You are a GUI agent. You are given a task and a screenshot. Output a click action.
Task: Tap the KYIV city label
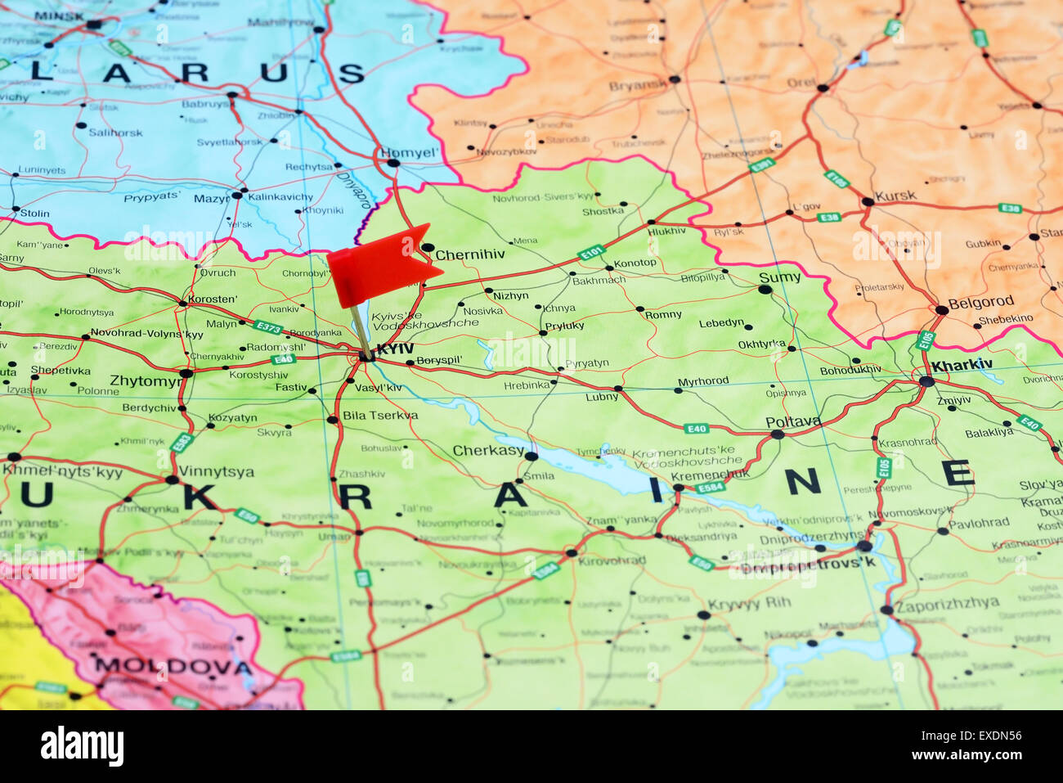point(395,349)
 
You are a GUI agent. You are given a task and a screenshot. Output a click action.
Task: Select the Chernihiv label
point(470,254)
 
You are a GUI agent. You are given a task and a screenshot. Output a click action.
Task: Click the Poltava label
point(793,421)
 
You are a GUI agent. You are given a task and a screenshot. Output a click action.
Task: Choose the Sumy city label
point(779,277)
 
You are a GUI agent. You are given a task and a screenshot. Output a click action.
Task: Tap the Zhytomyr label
point(146,380)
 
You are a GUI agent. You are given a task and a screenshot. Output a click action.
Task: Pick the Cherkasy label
point(488,450)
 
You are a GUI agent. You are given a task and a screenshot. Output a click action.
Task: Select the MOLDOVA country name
point(173,666)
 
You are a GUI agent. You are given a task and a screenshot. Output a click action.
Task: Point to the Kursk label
point(895,196)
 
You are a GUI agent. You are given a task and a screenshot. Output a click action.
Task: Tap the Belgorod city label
point(981,301)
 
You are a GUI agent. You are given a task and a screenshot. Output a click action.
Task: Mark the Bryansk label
point(638,86)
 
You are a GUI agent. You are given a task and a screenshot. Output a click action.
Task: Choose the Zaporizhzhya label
point(947,605)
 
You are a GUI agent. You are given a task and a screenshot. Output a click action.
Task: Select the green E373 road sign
point(268,328)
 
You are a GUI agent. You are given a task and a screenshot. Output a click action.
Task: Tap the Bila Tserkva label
point(379,416)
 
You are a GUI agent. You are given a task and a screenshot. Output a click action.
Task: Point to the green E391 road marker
point(761,165)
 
